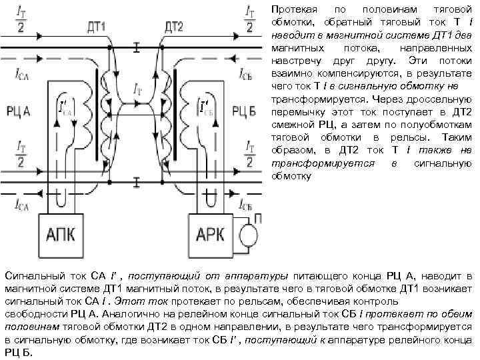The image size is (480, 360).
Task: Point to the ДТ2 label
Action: tap(173, 27)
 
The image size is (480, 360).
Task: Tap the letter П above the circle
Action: tap(258, 218)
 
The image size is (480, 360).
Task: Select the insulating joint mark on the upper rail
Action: tap(136, 47)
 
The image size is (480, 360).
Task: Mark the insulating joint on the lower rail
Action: tap(136, 180)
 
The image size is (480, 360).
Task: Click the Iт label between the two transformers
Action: tap(137, 87)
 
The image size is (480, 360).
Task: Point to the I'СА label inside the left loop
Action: tap(65, 107)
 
